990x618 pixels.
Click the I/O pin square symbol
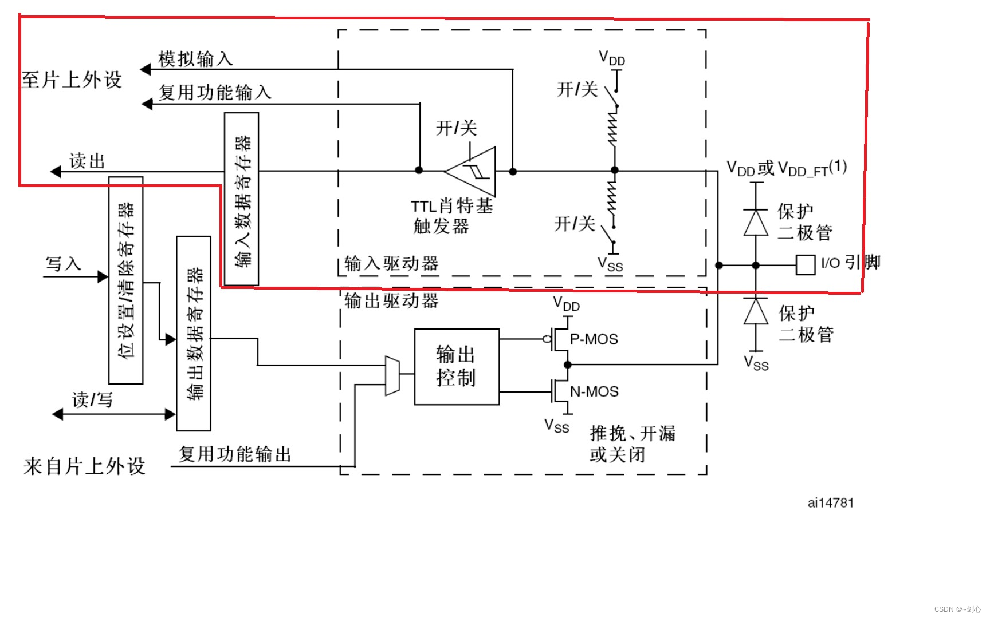pyautogui.click(x=805, y=265)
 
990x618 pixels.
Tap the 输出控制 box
pyautogui.click(x=457, y=367)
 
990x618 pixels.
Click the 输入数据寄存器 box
pyautogui.click(x=241, y=199)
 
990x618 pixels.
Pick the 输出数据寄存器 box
pyautogui.click(x=194, y=333)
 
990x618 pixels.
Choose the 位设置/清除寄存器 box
pyautogui.click(x=125, y=280)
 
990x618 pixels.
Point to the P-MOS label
pyautogui.click(x=594, y=339)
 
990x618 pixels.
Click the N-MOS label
pyautogui.click(x=594, y=392)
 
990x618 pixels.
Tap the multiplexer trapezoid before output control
pyautogui.click(x=392, y=375)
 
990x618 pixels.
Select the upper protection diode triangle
pyautogui.click(x=756, y=223)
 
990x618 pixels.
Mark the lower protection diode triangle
pyautogui.click(x=756, y=311)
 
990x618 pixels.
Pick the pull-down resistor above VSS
pyautogui.click(x=614, y=197)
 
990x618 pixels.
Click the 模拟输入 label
pyautogui.click(x=195, y=58)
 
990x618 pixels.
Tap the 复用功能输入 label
pyautogui.click(x=215, y=92)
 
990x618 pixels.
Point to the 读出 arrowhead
pyautogui.click(x=56, y=171)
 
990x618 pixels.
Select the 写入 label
pyautogui.click(x=63, y=264)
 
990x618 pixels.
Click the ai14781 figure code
pyautogui.click(x=831, y=503)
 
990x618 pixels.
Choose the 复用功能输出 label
pyautogui.click(x=235, y=454)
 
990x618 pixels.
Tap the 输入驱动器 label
pyautogui.click(x=391, y=264)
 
